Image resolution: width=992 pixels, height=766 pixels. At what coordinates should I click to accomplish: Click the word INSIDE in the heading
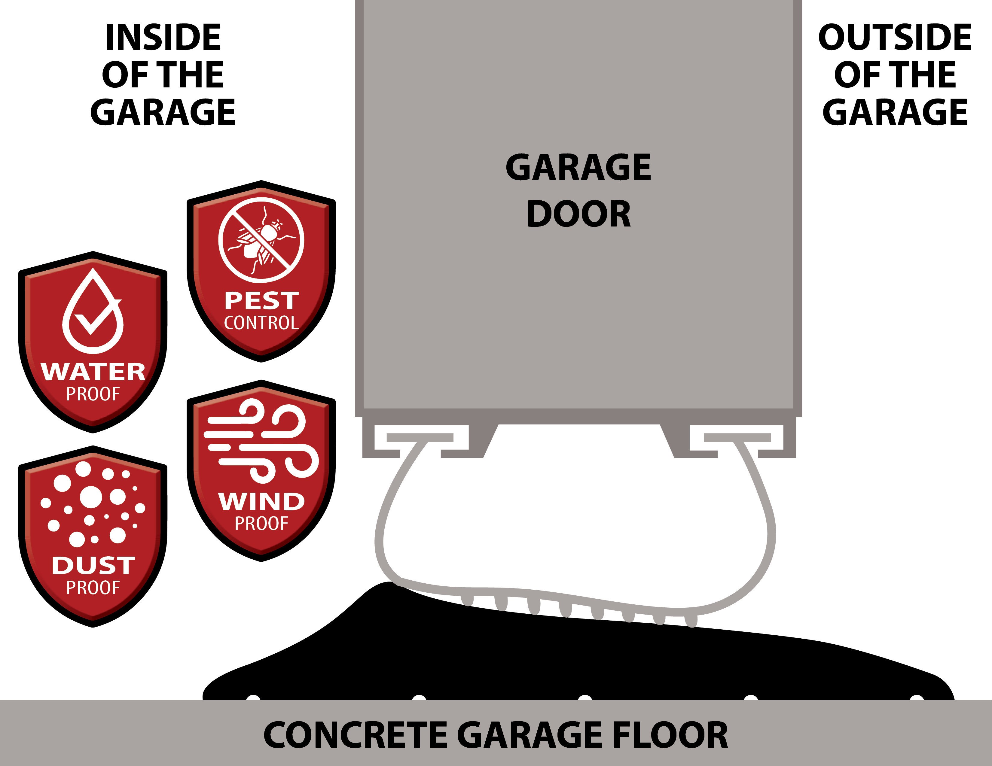click(x=163, y=37)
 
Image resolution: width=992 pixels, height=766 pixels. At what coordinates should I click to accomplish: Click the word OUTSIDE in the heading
click(x=895, y=37)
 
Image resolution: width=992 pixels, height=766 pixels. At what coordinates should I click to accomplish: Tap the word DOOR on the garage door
click(x=579, y=214)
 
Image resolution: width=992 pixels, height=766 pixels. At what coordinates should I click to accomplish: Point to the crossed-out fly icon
click(x=261, y=240)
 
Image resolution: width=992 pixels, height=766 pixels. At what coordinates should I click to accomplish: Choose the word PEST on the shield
click(x=262, y=301)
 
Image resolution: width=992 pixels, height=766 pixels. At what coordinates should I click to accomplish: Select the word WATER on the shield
click(x=93, y=372)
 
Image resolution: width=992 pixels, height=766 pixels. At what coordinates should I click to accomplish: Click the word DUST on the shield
click(x=93, y=566)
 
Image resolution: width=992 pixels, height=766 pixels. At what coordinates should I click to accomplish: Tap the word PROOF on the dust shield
click(x=93, y=588)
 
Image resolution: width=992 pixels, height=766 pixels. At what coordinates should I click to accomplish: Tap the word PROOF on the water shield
click(x=93, y=394)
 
